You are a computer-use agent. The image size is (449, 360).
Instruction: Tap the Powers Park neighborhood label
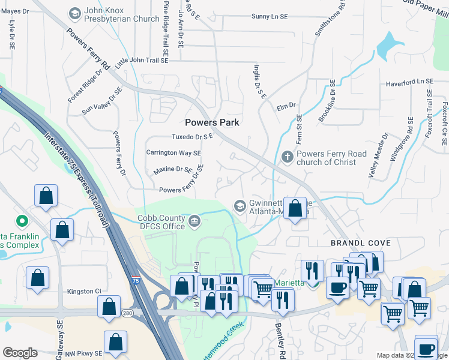click(x=212, y=122)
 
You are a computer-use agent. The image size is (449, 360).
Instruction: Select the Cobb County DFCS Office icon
click(x=195, y=221)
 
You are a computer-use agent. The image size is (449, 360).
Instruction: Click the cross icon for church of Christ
click(x=288, y=158)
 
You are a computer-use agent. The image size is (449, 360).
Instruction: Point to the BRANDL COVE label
click(x=361, y=243)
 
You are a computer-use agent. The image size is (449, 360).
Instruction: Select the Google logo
click(x=20, y=353)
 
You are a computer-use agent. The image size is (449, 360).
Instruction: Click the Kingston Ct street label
click(x=85, y=292)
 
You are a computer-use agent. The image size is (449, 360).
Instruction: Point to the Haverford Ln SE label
click(x=409, y=82)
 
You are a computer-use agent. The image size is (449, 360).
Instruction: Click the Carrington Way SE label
click(x=173, y=153)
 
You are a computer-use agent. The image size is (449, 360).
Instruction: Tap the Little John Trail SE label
click(x=142, y=61)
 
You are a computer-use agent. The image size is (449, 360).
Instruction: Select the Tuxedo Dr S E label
click(x=193, y=137)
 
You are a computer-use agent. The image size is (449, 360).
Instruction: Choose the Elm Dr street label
click(x=286, y=106)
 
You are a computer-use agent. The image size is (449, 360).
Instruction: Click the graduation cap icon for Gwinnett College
click(x=240, y=206)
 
